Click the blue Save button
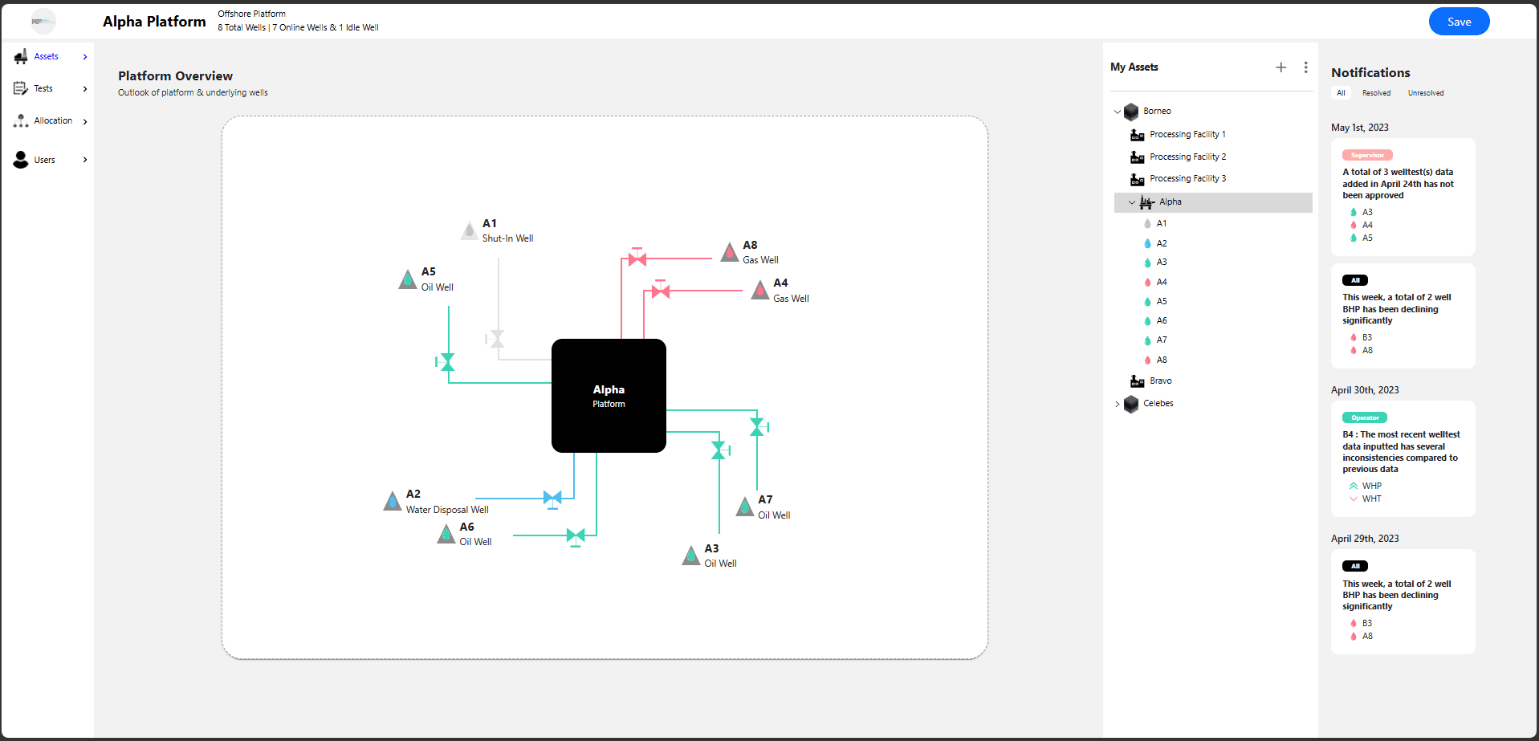point(1459,22)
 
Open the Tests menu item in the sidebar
point(43,88)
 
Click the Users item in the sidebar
point(45,160)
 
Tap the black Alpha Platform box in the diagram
point(609,396)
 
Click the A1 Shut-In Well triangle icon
point(470,230)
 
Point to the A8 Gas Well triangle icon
point(729,252)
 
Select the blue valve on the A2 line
point(552,499)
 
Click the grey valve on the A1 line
point(496,339)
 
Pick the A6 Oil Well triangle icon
point(446,534)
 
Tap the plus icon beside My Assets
point(1281,67)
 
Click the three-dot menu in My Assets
point(1306,67)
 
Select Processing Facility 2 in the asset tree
point(1187,157)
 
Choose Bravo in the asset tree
point(1160,381)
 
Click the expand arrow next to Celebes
point(1118,404)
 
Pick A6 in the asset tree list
point(1162,320)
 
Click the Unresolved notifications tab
point(1426,93)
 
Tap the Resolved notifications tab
point(1376,93)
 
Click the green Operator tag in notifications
point(1365,417)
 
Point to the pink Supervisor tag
point(1367,155)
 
